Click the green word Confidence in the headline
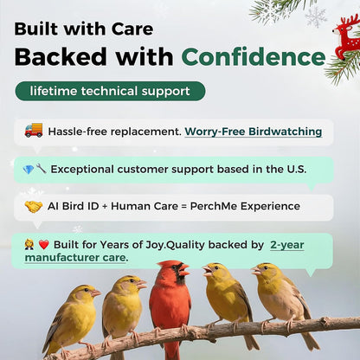point(253,57)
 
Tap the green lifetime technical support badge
point(110,91)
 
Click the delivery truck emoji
point(34,131)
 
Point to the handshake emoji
point(34,206)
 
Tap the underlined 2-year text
point(286,245)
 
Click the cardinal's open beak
point(183,271)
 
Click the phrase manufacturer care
point(76,257)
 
